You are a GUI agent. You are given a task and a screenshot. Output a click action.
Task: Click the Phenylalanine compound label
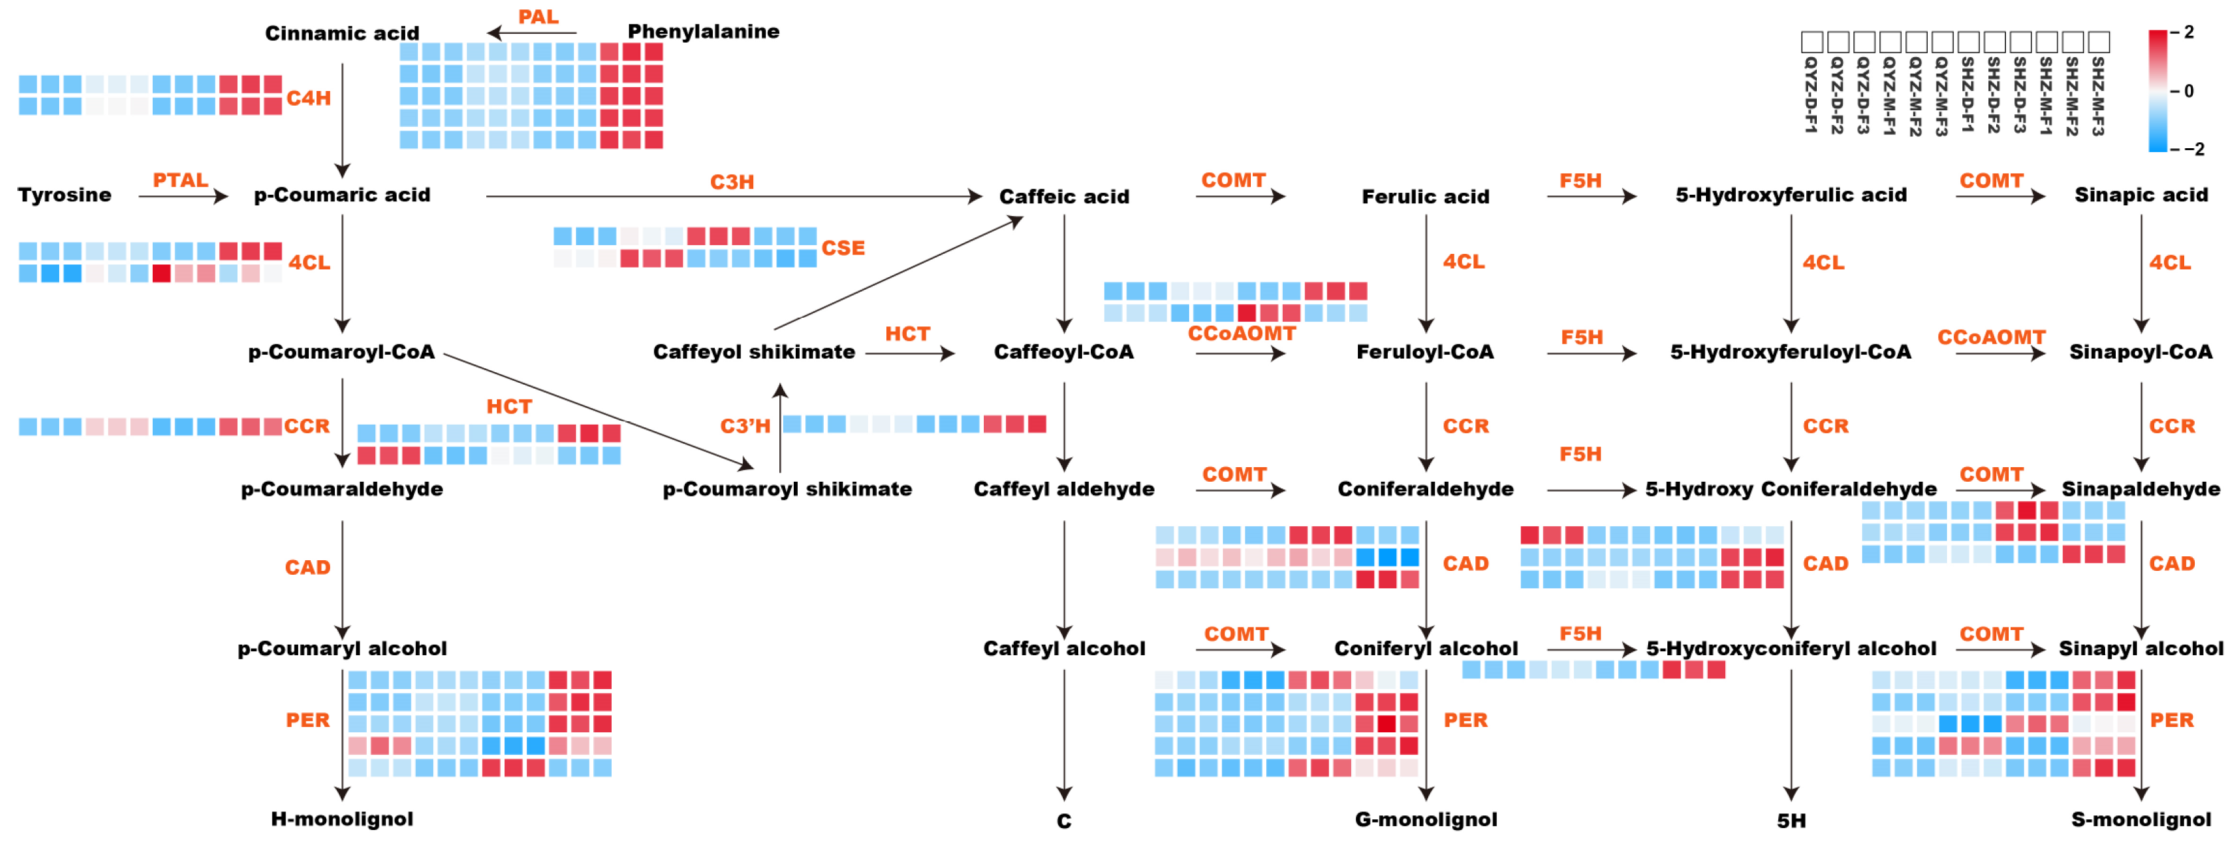703,31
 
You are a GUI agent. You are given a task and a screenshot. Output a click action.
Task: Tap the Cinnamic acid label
341,33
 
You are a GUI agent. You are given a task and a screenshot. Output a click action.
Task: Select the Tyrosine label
64,195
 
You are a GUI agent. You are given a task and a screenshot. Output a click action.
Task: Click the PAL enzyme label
538,17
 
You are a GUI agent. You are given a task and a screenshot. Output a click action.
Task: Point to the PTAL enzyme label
180,180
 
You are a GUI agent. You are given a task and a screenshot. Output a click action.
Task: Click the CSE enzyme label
843,248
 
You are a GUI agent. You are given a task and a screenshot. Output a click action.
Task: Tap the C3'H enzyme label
745,426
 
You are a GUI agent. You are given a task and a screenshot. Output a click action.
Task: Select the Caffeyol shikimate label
753,352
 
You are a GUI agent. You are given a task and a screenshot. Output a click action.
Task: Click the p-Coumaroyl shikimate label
787,489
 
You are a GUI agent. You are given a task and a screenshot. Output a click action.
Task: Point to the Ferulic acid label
1425,197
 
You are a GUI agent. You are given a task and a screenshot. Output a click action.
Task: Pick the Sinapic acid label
2141,195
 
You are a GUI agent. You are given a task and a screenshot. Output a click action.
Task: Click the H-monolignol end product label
341,819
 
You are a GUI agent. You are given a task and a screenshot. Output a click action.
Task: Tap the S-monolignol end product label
2141,819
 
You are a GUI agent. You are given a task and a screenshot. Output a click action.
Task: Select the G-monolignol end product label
1426,819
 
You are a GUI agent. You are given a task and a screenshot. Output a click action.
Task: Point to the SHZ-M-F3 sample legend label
2097,96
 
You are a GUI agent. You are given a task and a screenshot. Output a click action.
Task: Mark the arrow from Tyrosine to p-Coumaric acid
183,197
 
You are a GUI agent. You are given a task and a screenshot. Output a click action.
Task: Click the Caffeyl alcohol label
1064,648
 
